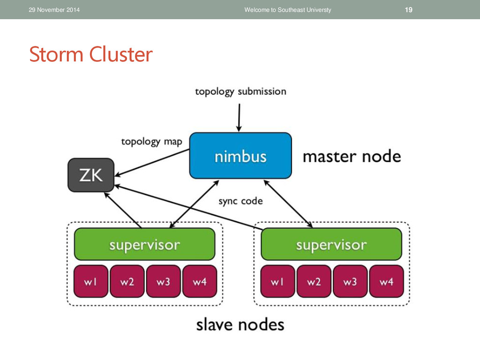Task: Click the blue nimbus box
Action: [x=240, y=156]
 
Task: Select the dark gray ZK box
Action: [x=91, y=175]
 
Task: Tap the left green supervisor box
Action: [x=144, y=244]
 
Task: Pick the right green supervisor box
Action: [x=331, y=244]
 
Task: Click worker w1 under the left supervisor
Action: [x=91, y=281]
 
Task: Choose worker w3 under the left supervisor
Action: [x=164, y=281]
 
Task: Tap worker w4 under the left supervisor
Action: [x=200, y=281]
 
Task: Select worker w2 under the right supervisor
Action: [x=314, y=281]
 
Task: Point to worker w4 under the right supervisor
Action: [x=386, y=281]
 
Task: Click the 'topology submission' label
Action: [x=240, y=91]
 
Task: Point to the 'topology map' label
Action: [x=151, y=142]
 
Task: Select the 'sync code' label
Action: [x=240, y=201]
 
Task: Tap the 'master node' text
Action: [x=352, y=157]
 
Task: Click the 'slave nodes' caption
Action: [x=240, y=324]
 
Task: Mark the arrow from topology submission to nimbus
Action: [x=239, y=118]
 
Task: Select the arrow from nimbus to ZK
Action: [x=152, y=163]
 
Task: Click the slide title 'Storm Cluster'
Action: [x=91, y=54]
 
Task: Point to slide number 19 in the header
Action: [x=409, y=10]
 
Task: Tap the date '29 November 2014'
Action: [x=54, y=10]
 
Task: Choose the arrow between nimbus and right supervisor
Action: [x=288, y=204]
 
